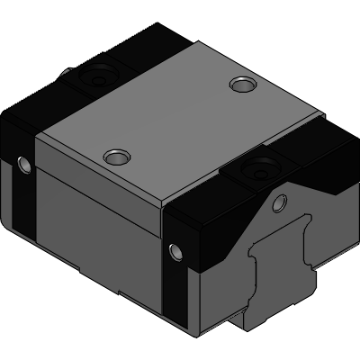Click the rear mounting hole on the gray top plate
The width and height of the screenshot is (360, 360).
(240, 85)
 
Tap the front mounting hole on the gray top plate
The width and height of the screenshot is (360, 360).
(114, 157)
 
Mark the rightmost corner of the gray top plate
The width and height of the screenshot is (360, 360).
(317, 118)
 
